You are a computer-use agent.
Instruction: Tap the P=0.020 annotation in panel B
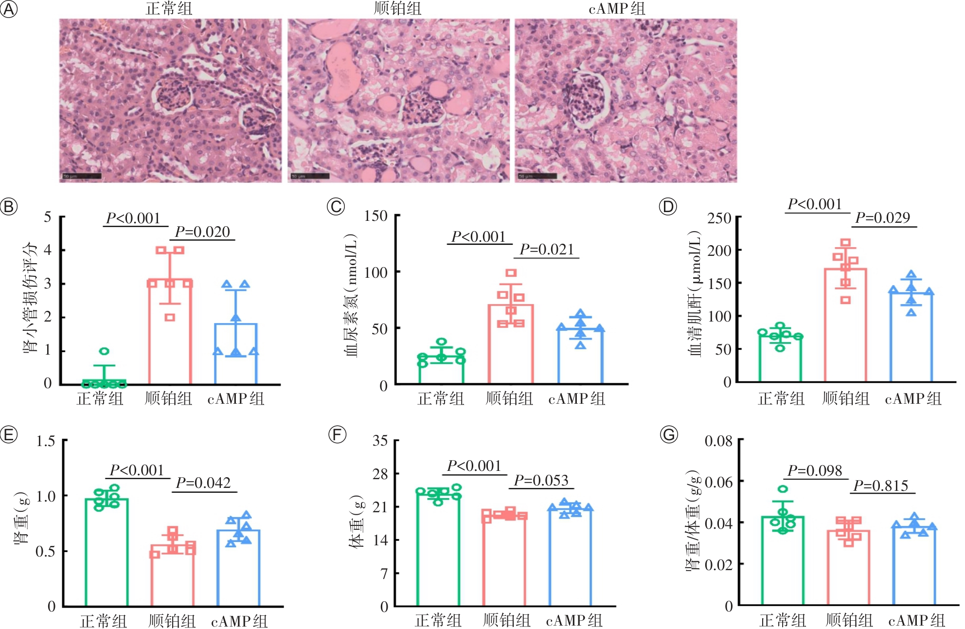pos(202,232)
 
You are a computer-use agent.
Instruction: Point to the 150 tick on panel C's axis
pos(376,216)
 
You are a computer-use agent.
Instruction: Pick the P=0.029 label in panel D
pos(883,218)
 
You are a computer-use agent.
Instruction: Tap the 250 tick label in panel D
pos(719,218)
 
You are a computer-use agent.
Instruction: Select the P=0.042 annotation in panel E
pos(203,483)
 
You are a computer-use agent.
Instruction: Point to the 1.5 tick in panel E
pos(46,441)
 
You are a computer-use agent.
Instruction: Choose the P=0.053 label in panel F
pos(541,481)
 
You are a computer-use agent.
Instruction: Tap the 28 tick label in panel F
pos(380,474)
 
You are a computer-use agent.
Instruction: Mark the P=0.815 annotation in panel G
pos(881,486)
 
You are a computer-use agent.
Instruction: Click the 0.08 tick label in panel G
pos(718,441)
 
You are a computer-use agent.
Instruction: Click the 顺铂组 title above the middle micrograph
pos(397,8)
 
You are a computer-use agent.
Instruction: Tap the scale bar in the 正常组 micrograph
pos(82,176)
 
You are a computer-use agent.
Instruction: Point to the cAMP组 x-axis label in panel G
pos(916,621)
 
